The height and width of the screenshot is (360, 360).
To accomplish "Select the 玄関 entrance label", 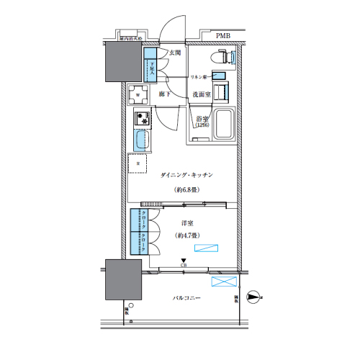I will click(176, 53).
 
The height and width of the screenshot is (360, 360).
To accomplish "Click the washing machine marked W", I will click(138, 94).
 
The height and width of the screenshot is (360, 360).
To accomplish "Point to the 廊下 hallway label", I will click(164, 94).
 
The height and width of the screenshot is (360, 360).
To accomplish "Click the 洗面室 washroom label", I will click(201, 94).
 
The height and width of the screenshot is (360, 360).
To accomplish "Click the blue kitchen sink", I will click(141, 140).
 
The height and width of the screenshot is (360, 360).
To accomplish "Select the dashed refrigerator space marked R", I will click(138, 163).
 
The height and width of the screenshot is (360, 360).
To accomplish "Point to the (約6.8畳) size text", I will click(186, 189).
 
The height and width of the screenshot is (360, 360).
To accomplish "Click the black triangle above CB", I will click(184, 261).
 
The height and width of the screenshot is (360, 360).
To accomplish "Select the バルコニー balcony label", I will click(186, 298).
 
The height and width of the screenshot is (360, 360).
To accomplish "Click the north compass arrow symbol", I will click(253, 294).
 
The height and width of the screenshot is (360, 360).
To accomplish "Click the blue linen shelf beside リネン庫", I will click(220, 76).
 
